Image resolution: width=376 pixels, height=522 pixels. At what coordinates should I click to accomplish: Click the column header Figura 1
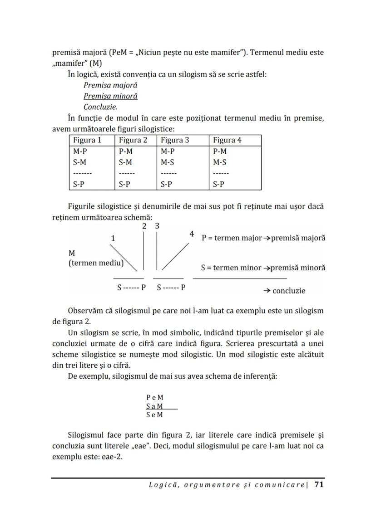[87, 140]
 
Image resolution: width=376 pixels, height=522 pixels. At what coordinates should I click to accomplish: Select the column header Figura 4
[227, 140]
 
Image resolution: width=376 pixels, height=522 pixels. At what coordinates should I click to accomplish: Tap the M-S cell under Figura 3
[168, 162]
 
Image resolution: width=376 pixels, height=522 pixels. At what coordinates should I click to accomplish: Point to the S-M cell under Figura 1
[79, 162]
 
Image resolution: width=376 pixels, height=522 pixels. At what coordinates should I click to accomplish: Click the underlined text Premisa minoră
[110, 96]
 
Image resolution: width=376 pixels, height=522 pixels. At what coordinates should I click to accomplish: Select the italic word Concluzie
[100, 107]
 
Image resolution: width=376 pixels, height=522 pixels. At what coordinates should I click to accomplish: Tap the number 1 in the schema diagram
[113, 238]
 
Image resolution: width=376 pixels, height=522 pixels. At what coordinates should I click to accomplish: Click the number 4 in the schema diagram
[192, 234]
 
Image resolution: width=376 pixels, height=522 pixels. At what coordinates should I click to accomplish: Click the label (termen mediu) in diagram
[96, 263]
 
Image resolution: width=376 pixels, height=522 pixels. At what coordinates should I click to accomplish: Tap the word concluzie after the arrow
[289, 291]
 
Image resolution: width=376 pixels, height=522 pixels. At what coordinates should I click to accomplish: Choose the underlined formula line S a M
[155, 406]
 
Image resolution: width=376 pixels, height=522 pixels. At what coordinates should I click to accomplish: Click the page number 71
[319, 485]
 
